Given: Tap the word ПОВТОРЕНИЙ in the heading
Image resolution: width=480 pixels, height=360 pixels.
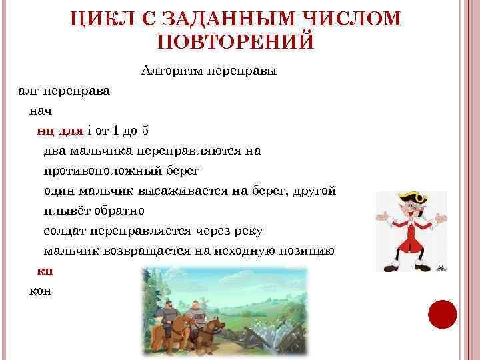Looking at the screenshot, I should pos(235,42).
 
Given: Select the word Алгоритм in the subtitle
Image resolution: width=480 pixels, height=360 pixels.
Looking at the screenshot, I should pos(173,69).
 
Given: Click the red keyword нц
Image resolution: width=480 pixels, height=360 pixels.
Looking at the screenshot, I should pos(45,130).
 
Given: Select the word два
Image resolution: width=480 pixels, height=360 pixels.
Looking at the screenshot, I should pos(56,151).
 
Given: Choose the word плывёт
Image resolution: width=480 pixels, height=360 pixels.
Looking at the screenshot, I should pos(67,211).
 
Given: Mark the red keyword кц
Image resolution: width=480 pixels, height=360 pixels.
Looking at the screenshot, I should pos(45,271).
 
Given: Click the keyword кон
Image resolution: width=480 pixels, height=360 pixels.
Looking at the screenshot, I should pos(40,291).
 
